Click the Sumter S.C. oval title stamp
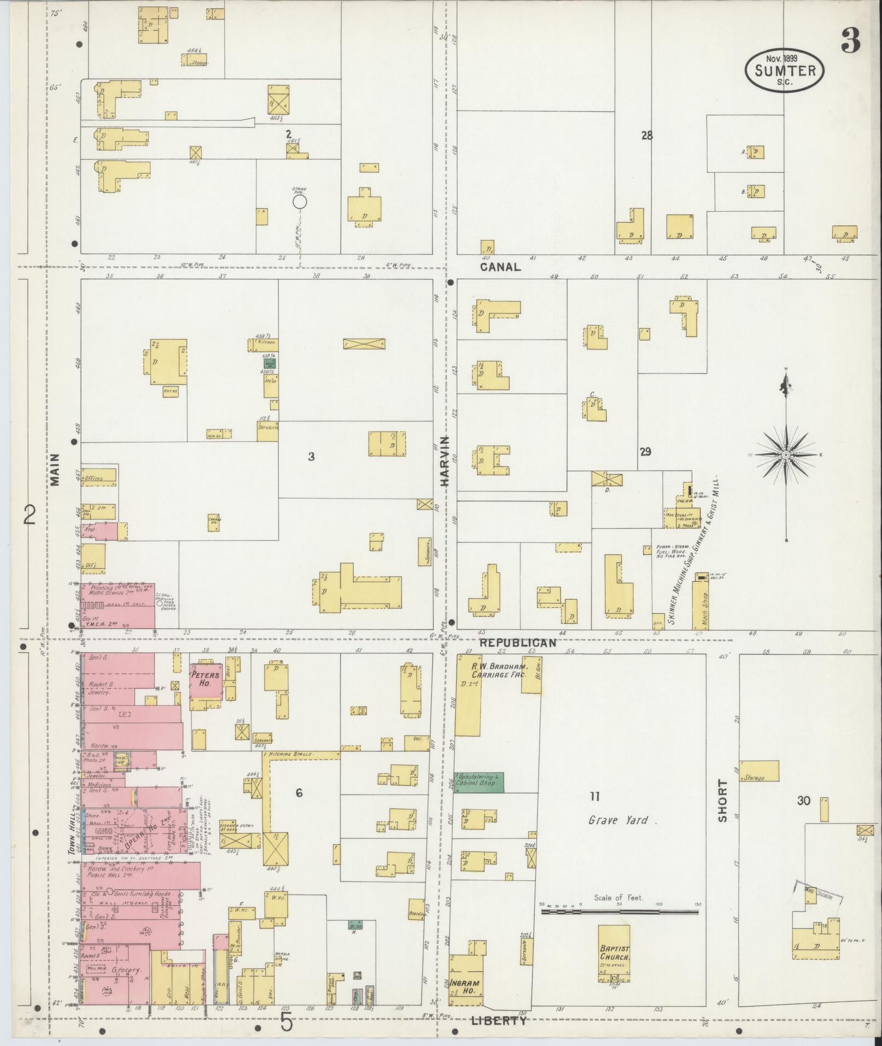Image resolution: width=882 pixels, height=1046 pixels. tap(784, 71)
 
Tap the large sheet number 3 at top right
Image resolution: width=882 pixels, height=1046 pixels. tap(851, 41)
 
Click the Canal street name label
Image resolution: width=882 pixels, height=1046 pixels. tap(500, 267)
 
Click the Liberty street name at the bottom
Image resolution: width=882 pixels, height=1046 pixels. tap(498, 1020)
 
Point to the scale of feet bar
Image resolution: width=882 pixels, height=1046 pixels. tap(620, 911)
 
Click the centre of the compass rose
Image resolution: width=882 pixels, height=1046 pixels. tap(785, 455)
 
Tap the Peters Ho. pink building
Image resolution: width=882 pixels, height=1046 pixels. tap(206, 680)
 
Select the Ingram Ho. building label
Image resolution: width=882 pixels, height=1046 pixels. tap(464, 986)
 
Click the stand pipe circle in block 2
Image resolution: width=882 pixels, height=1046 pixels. tap(299, 202)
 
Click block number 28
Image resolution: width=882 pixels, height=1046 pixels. tap(647, 136)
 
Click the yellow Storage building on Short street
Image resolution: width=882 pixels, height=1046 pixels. tap(759, 771)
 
